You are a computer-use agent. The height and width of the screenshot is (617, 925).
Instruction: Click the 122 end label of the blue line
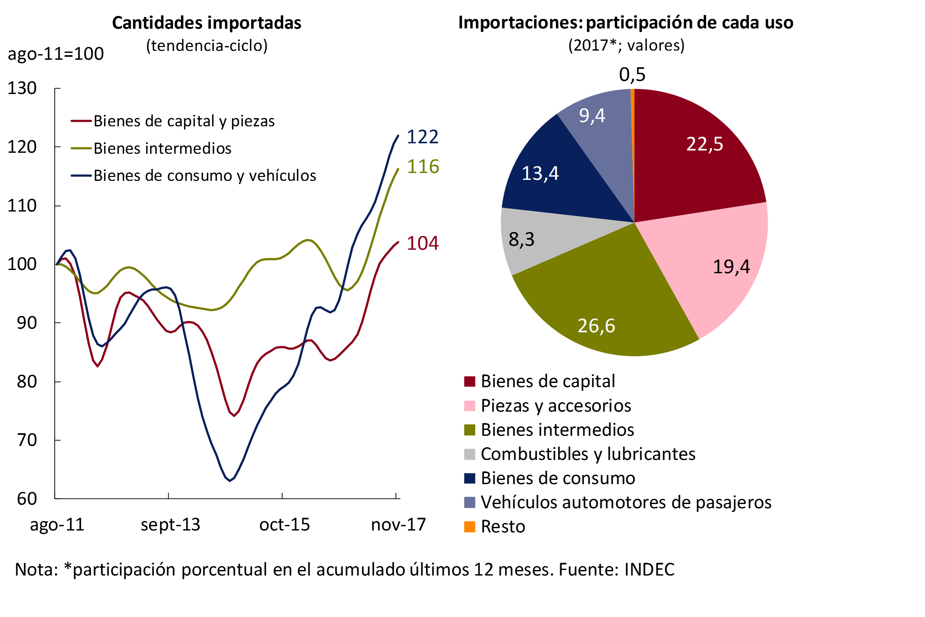423,137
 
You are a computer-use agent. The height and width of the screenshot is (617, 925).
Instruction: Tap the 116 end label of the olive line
423,167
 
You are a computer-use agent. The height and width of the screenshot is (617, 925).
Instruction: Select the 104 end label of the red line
423,243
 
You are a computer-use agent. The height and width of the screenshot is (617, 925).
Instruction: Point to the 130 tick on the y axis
22,88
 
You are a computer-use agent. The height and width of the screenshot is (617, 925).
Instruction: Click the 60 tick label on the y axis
27,499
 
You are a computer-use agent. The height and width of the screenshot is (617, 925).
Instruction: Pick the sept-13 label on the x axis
170,525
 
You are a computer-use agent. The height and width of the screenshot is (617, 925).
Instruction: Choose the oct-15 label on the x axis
284,525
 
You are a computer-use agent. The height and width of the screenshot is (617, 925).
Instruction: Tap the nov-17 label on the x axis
398,525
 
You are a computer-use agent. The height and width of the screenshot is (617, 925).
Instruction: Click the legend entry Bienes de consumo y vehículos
205,176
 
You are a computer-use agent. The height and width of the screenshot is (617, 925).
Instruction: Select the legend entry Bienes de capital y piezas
184,121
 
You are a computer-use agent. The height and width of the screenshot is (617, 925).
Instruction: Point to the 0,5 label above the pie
632,74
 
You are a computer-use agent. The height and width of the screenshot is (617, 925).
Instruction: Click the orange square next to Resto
470,527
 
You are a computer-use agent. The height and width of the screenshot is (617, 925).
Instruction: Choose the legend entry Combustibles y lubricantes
588,454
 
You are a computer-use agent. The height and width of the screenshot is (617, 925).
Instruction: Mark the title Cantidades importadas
207,23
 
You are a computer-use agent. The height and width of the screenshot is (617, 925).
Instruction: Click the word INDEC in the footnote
649,570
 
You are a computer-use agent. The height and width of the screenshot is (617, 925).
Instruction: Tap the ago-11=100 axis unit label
55,54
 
